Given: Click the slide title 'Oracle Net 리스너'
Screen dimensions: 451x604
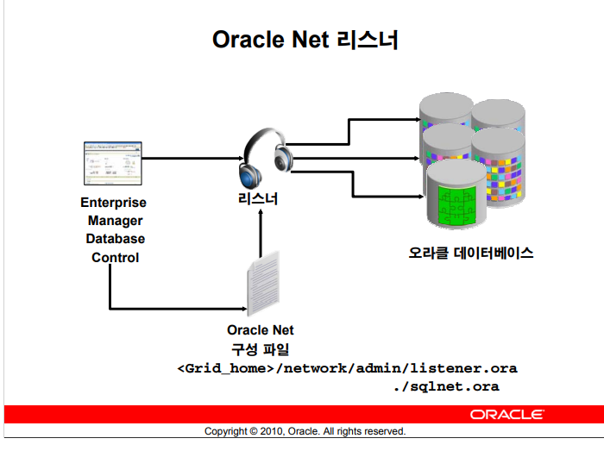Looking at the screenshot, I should [305, 40].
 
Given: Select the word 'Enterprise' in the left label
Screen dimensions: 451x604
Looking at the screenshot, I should [113, 203].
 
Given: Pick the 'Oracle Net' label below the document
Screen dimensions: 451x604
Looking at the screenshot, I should [261, 329].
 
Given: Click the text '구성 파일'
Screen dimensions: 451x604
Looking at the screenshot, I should [260, 348].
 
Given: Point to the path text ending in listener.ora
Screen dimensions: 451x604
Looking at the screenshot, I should [347, 368].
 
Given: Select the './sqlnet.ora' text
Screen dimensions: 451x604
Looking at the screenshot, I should [445, 386].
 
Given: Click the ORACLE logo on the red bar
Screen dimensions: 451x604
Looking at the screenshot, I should [506, 414].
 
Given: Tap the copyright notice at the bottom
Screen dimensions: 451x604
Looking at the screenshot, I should [305, 431].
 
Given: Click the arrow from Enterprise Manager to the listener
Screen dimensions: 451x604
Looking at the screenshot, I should [190, 159].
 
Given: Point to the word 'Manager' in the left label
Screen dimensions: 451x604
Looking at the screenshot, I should [114, 221].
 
